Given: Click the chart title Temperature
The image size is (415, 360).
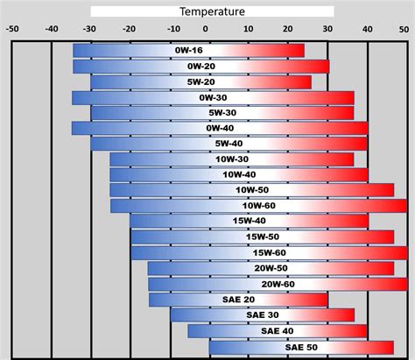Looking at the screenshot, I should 212,11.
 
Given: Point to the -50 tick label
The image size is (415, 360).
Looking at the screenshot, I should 12,27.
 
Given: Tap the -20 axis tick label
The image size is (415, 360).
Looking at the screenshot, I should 130,27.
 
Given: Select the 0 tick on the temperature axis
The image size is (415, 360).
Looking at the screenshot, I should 210,27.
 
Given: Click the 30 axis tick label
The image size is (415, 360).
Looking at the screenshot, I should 327,27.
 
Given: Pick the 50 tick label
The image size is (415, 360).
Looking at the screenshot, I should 406,27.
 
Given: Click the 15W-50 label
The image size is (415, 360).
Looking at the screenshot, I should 263,236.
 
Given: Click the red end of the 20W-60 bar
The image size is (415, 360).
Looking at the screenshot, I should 398,284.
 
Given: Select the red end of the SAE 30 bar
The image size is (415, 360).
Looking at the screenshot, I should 347,314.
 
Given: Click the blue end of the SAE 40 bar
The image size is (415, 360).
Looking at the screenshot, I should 194,330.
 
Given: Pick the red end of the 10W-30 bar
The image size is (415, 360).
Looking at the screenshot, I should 347,159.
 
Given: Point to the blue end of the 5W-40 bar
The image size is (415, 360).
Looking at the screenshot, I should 98,144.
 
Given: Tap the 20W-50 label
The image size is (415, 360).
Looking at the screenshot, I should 271,268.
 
